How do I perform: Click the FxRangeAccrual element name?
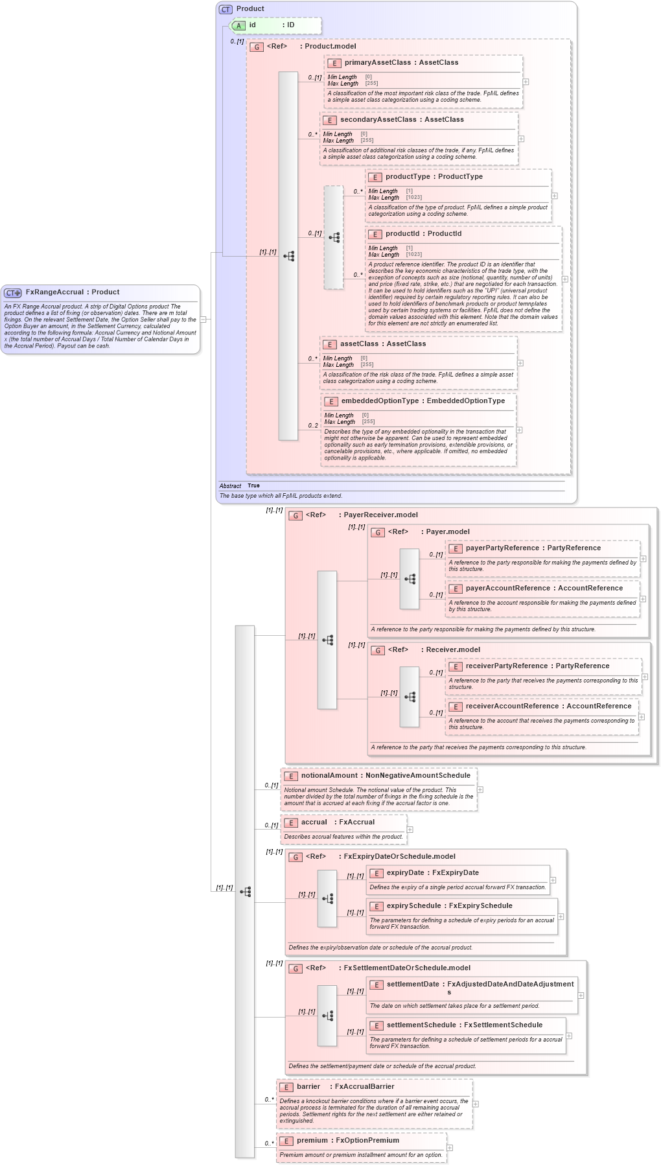[x=54, y=292]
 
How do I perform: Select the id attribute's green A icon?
[x=239, y=25]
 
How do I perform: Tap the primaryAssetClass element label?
[x=377, y=63]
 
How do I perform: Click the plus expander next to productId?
[x=564, y=279]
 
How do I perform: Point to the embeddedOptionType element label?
[x=380, y=401]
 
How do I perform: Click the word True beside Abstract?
[x=253, y=485]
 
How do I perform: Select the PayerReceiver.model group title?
[x=380, y=515]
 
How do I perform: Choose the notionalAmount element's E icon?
[x=291, y=776]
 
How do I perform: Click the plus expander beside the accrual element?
[x=410, y=830]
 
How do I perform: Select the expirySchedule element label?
[x=413, y=906]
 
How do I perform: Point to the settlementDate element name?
[x=413, y=985]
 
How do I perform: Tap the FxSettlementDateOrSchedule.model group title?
[x=407, y=968]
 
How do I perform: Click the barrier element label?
[x=308, y=1087]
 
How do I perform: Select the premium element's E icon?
[x=286, y=1141]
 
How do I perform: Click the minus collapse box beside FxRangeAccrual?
[x=203, y=319]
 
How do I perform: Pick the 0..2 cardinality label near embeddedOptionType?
[x=313, y=426]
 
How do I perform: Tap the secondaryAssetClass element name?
[x=378, y=120]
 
